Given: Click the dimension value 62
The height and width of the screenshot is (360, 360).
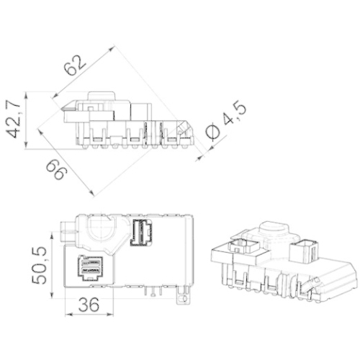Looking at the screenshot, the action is (x=75, y=66).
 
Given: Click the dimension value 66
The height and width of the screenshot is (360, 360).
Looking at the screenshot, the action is (x=55, y=170).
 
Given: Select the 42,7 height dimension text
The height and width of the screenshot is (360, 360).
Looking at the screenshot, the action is (x=13, y=119).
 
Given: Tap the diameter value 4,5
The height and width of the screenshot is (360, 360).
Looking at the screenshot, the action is (x=234, y=114).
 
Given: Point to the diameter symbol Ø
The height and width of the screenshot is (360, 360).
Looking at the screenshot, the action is (x=213, y=132).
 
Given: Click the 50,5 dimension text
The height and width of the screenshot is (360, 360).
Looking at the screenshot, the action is (x=39, y=265).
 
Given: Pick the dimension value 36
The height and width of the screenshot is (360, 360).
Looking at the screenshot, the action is (x=89, y=305).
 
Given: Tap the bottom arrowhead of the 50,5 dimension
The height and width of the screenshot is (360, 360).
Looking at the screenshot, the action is (x=52, y=294).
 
